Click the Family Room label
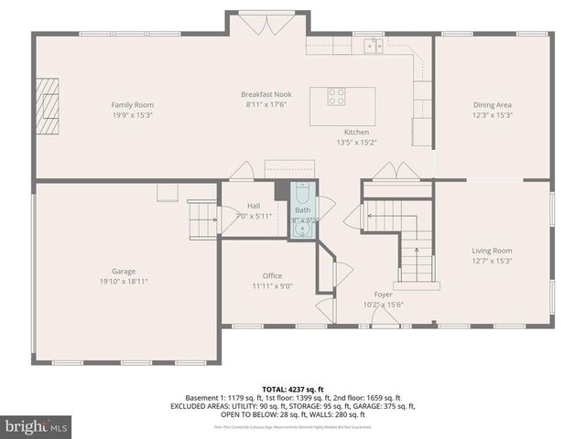click(132, 105)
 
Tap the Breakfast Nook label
click(266, 94)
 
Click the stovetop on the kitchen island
click(337, 95)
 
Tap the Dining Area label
click(492, 105)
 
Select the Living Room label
click(492, 250)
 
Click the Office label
click(272, 275)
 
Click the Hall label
click(254, 206)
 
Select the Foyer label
click(383, 294)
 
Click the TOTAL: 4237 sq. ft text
click(292, 388)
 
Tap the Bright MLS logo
click(37, 426)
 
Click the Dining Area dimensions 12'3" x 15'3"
click(492, 116)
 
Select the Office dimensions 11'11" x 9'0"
click(272, 286)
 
